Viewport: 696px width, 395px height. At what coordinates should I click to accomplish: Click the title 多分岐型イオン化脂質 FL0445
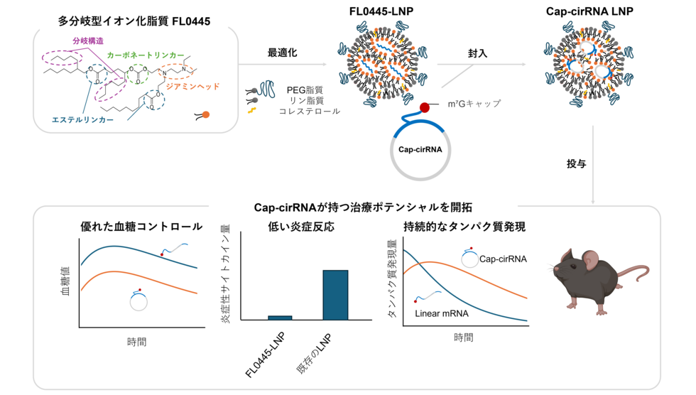pos(134,21)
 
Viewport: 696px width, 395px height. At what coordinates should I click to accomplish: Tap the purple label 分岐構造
pos(88,40)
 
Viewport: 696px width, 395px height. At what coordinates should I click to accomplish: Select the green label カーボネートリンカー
pos(146,55)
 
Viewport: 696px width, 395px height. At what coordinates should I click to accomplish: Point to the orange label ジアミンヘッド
pos(193,87)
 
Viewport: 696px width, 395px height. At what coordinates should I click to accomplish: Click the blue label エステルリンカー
pos(82,120)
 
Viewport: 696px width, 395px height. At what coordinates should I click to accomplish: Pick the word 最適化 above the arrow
pos(283,53)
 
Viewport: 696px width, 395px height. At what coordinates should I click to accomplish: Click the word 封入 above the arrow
pos(477,54)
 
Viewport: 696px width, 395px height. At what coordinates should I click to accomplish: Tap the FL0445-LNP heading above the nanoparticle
pos(381,11)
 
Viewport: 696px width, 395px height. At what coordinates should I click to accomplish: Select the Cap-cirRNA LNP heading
pos(589,11)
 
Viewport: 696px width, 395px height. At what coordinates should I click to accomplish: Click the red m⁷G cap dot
pos(425,107)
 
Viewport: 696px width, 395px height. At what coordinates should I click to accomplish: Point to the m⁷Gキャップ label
pos(474,104)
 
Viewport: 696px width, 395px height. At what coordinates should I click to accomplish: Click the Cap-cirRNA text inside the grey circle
pos(420,150)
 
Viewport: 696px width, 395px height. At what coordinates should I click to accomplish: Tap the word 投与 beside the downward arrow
pos(576,164)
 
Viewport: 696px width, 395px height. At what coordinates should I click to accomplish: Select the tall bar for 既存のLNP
pos(335,295)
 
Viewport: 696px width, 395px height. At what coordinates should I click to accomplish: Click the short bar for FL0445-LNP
pos(280,318)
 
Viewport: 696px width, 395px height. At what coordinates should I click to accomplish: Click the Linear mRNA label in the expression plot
pos(442,313)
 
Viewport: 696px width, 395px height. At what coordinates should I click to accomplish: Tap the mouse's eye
pos(572,266)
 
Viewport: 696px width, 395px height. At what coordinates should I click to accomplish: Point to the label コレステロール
pos(310,112)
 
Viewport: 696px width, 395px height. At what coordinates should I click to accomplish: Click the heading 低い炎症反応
pos(301,227)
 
